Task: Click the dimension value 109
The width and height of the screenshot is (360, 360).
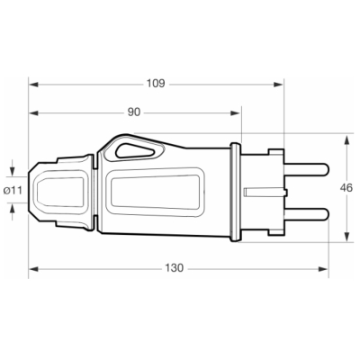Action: (156, 84)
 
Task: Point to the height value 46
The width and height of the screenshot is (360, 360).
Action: (347, 190)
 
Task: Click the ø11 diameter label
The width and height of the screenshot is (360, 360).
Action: (13, 190)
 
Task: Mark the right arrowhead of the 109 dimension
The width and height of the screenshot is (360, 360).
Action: (282, 84)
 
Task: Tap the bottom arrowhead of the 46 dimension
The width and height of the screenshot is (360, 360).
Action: (347, 241)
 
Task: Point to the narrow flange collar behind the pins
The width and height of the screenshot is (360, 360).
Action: (239, 190)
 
